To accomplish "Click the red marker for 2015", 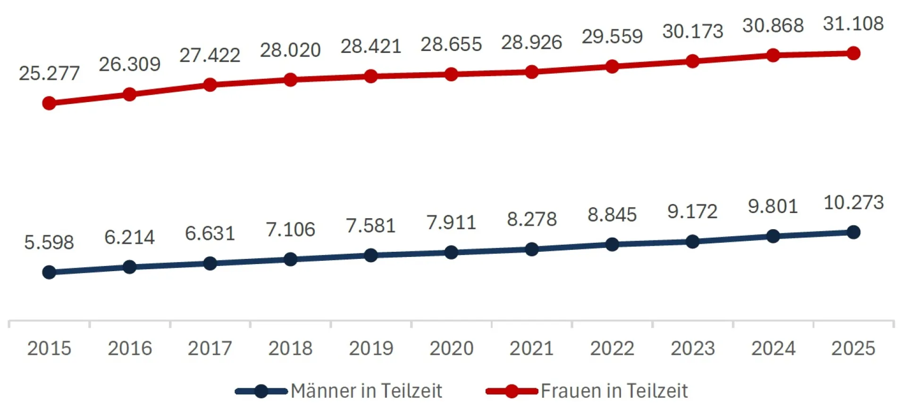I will tap(49, 103).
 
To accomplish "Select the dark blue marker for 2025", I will tap(853, 232).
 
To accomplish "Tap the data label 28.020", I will tap(290, 50).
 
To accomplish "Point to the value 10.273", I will tap(853, 203).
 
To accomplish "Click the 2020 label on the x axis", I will tap(451, 349).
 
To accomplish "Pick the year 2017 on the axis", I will tap(210, 349).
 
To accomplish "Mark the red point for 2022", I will tap(612, 67).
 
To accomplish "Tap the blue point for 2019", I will tap(371, 256).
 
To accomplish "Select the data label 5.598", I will tap(49, 242).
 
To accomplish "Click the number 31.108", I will tap(853, 24).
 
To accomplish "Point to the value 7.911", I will tap(451, 222).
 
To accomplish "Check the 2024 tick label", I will tap(773, 349).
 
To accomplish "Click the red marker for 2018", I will tap(290, 79).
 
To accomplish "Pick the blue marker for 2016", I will tap(129, 267).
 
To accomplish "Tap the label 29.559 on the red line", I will tap(612, 36).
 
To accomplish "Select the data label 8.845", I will tap(612, 215).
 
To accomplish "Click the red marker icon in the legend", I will tap(512, 391).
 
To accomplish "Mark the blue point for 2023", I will tap(692, 242).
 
